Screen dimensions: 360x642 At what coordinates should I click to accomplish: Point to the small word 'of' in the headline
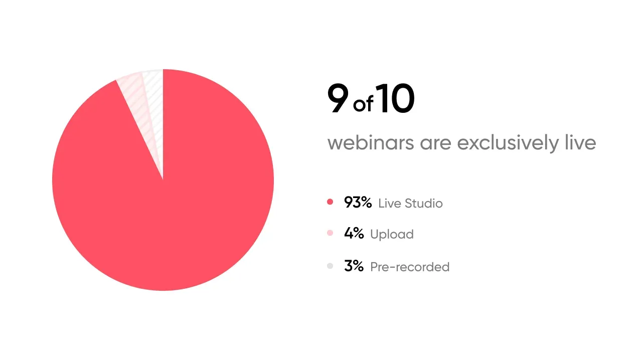(363, 104)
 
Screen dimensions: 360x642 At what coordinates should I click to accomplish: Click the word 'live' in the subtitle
(580, 143)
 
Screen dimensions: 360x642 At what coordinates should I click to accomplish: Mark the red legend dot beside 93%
(330, 202)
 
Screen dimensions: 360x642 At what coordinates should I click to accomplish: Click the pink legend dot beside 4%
(330, 233)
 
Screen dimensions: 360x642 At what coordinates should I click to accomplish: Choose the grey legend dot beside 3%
(330, 266)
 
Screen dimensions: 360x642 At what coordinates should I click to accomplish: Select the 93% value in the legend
(358, 202)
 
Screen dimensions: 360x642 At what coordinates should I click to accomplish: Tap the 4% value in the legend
(354, 233)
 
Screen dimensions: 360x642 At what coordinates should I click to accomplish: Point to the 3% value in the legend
(354, 266)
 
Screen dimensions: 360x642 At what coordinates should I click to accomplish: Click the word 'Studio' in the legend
(424, 203)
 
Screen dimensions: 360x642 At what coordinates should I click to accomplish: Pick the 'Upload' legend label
(392, 234)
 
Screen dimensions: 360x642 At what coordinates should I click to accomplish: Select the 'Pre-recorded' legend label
(409, 267)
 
